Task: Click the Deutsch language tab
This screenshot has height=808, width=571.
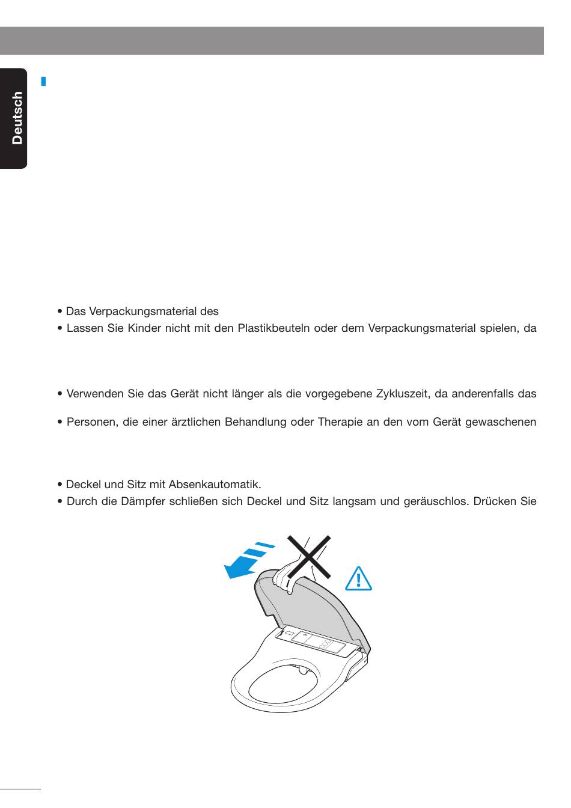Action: (16, 118)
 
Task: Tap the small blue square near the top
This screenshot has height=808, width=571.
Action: (43, 80)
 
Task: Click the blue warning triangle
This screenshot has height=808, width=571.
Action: (359, 578)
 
